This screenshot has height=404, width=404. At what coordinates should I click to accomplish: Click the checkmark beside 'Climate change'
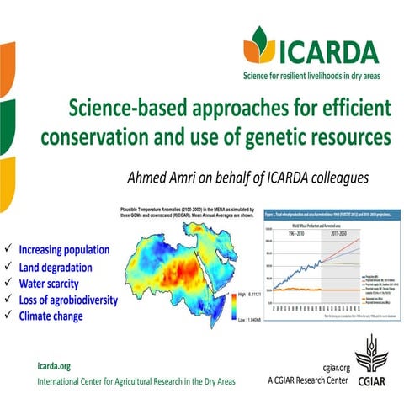coord(8,316)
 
